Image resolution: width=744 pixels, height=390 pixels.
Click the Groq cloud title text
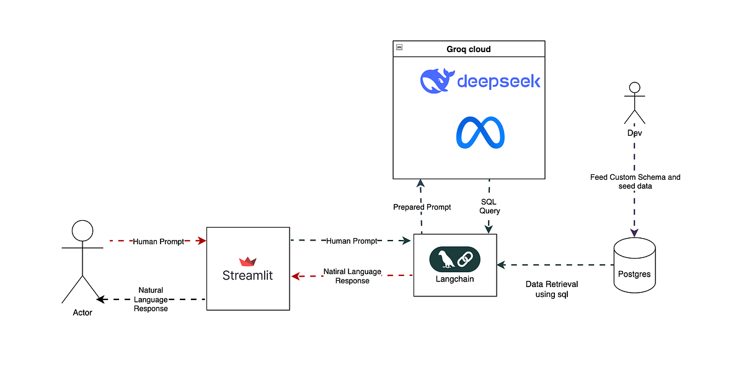pyautogui.click(x=469, y=50)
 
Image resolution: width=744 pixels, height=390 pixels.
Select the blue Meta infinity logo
pyautogui.click(x=480, y=133)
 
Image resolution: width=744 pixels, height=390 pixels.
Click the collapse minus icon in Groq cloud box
pyautogui.click(x=400, y=47)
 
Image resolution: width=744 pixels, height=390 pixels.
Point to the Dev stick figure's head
pyautogui.click(x=634, y=87)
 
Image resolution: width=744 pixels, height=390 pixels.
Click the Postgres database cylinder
pyautogui.click(x=634, y=265)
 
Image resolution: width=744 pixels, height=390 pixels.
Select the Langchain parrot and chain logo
pyautogui.click(x=454, y=259)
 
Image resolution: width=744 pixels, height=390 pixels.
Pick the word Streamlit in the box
pyautogui.click(x=247, y=275)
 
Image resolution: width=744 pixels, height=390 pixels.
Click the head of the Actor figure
pyautogui.click(x=82, y=231)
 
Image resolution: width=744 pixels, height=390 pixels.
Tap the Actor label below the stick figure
pyautogui.click(x=82, y=312)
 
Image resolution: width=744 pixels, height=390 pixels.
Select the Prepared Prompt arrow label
pyautogui.click(x=422, y=207)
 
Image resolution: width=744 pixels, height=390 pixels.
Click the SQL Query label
pyautogui.click(x=490, y=206)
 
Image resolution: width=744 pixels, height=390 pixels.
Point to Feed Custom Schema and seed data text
pyautogui.click(x=635, y=181)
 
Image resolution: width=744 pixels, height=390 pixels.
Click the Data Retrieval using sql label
pyautogui.click(x=552, y=290)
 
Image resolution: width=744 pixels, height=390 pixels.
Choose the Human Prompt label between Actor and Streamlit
pyautogui.click(x=158, y=241)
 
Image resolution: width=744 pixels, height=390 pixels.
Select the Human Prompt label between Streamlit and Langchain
pyautogui.click(x=352, y=241)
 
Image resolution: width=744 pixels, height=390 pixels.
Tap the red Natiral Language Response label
pyautogui.click(x=352, y=277)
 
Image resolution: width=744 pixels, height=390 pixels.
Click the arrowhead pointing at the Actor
pyautogui.click(x=101, y=299)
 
